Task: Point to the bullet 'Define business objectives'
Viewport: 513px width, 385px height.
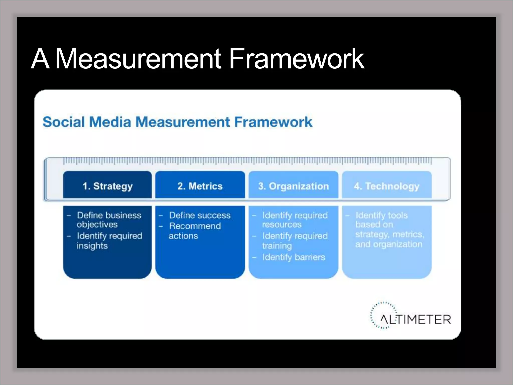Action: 109,220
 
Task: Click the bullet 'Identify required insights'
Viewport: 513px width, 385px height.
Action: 109,241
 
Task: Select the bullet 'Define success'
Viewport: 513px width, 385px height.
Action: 200,215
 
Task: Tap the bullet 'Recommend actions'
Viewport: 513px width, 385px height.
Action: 195,231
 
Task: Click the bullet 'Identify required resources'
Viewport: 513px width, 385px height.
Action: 295,220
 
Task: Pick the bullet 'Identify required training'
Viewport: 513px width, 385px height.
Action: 295,241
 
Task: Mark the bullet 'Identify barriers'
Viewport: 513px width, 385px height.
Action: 294,257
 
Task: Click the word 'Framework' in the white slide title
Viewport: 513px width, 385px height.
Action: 297,59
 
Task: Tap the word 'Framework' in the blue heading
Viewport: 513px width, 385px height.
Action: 273,122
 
